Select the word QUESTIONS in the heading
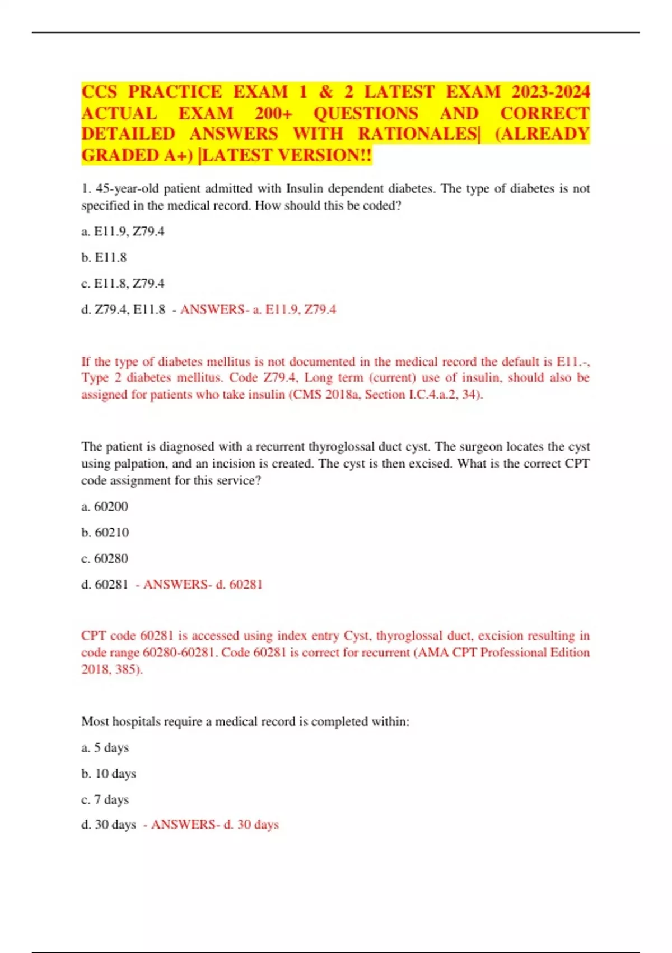[x=365, y=113]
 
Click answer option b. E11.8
[x=104, y=257]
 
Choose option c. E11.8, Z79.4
[x=123, y=284]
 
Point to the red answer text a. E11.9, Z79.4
[x=295, y=309]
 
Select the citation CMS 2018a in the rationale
[x=325, y=394]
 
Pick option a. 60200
[x=105, y=506]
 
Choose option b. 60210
[x=105, y=533]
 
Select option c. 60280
[x=105, y=558]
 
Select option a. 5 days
[x=105, y=747]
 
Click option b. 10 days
[x=109, y=774]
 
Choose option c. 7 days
[x=105, y=799]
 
